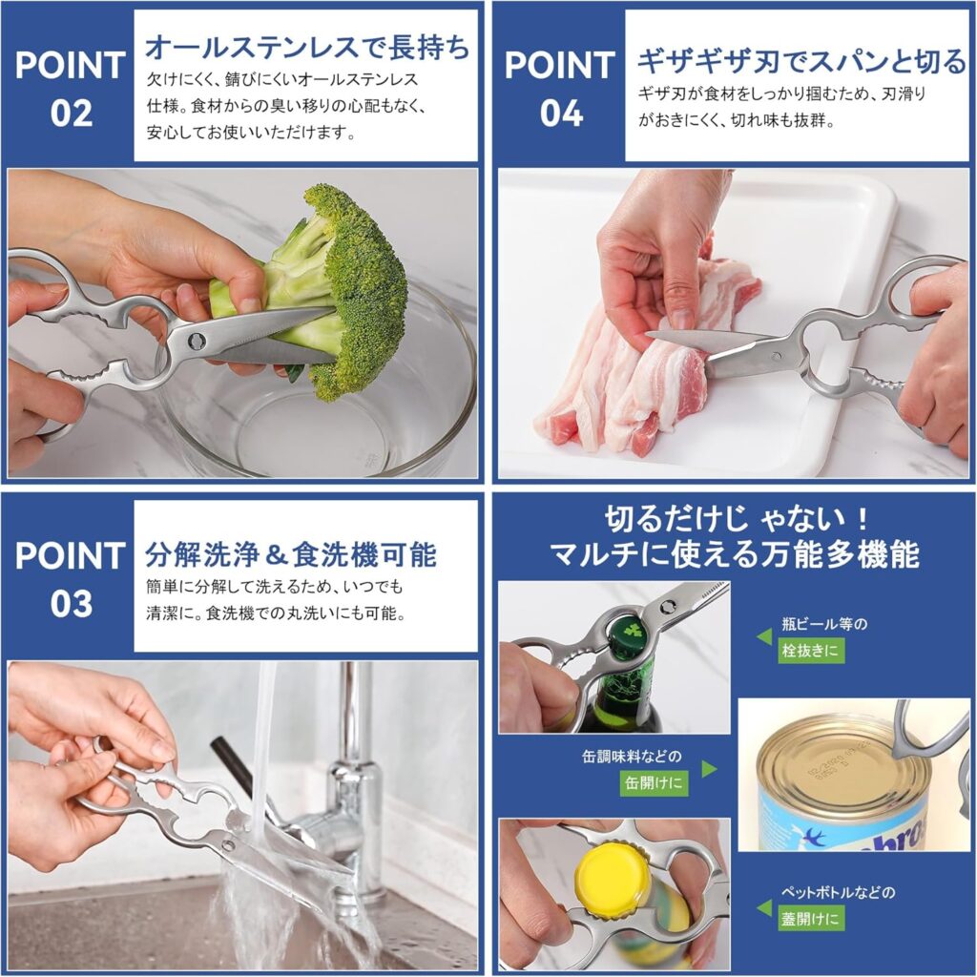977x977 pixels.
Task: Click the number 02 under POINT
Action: click(x=71, y=114)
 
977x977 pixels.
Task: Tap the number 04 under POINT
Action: click(x=561, y=114)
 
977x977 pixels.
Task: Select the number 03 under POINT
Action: click(x=71, y=604)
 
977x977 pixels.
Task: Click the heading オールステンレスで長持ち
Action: click(x=307, y=48)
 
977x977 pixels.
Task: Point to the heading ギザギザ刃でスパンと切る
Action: click(x=801, y=62)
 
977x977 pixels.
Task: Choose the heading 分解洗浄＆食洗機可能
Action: click(x=291, y=554)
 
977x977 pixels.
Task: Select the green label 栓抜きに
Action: click(x=811, y=652)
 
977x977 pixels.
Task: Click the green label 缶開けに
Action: click(x=654, y=782)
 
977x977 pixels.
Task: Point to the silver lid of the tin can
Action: click(x=829, y=760)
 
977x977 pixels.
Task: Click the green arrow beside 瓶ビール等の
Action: click(x=764, y=636)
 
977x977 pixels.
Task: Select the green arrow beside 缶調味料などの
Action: click(x=709, y=769)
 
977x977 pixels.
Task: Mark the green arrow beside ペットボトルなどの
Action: click(x=764, y=907)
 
